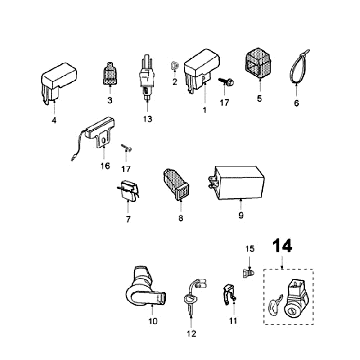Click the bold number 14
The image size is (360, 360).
[x=282, y=246]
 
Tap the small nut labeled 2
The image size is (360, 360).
[x=174, y=66]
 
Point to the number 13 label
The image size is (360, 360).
[x=147, y=119]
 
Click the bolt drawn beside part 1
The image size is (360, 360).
[x=226, y=81]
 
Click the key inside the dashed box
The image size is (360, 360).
[x=275, y=304]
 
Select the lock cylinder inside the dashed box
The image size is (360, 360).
[x=295, y=298]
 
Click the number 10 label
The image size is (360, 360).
[x=153, y=321]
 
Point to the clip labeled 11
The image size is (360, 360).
[x=229, y=294]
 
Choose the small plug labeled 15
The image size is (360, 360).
[x=248, y=274]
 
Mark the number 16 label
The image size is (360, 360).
[x=105, y=166]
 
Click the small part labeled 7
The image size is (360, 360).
[x=128, y=191]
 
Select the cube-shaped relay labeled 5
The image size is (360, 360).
[x=259, y=63]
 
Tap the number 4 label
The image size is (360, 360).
[x=54, y=120]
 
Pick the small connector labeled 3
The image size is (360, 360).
[x=110, y=74]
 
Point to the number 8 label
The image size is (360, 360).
[x=181, y=218]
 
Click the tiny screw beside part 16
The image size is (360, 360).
[x=126, y=148]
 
